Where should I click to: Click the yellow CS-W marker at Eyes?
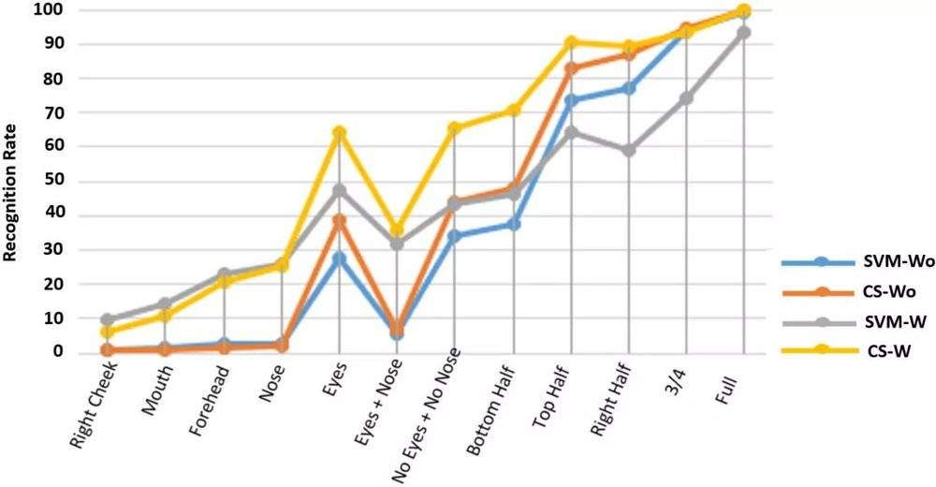click(340, 133)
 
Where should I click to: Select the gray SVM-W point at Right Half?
click(629, 150)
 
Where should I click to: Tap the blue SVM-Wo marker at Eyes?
click(340, 258)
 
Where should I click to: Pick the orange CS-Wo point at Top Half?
click(571, 68)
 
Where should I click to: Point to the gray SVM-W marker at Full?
click(744, 33)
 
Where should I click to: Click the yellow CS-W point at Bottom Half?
click(513, 111)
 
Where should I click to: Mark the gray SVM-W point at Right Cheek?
click(108, 319)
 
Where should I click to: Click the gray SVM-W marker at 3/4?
click(686, 98)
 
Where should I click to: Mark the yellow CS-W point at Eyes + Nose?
click(397, 229)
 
